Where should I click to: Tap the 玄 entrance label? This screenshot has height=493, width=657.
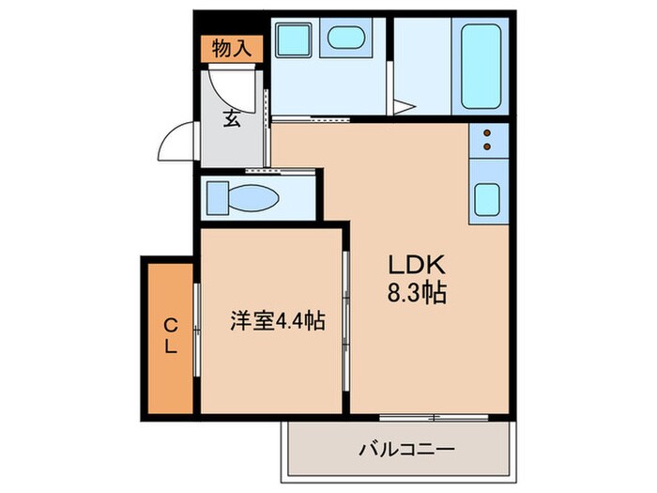(x=232, y=119)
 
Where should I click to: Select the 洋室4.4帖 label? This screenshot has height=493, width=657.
(x=278, y=322)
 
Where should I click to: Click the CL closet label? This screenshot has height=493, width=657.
(x=171, y=336)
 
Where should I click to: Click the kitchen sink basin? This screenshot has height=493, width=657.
(x=488, y=200)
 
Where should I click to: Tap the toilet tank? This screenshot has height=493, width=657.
(x=217, y=197)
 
